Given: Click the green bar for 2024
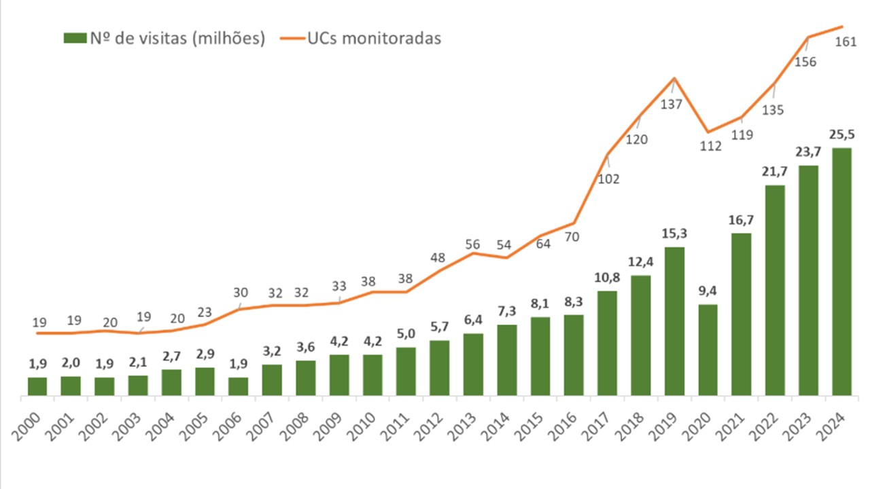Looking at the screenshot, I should pyautogui.click(x=841, y=272).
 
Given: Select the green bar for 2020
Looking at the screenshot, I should pyautogui.click(x=708, y=350).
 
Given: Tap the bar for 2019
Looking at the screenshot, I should pyautogui.click(x=674, y=321).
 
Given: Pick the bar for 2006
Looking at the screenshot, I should pyautogui.click(x=239, y=386).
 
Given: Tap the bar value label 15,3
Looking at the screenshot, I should pyautogui.click(x=674, y=234).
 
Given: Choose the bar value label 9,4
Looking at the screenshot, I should pyautogui.click(x=708, y=291).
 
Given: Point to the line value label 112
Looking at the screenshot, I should pyautogui.click(x=710, y=145).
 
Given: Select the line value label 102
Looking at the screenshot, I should pyautogui.click(x=608, y=179).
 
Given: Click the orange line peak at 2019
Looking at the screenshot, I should pyautogui.click(x=674, y=78).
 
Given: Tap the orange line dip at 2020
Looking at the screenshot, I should pyautogui.click(x=708, y=132).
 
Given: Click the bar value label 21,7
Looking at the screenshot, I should pyautogui.click(x=775, y=172).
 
